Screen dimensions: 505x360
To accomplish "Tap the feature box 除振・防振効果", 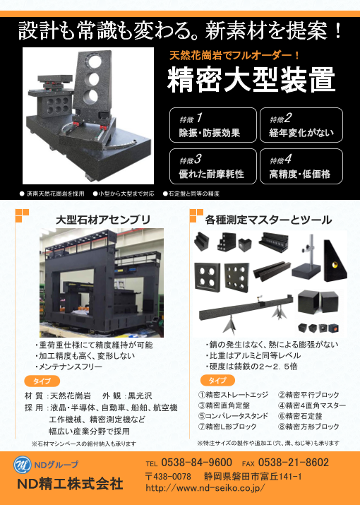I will (x=212, y=125).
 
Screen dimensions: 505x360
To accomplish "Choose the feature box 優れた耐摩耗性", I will (x=212, y=167).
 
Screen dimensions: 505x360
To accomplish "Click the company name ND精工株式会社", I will (x=70, y=484).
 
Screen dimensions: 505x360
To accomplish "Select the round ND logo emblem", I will (x=25, y=465).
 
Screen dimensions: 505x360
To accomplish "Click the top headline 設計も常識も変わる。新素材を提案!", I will (x=181, y=30).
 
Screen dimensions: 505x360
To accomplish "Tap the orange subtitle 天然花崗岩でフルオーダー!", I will (x=236, y=54).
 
